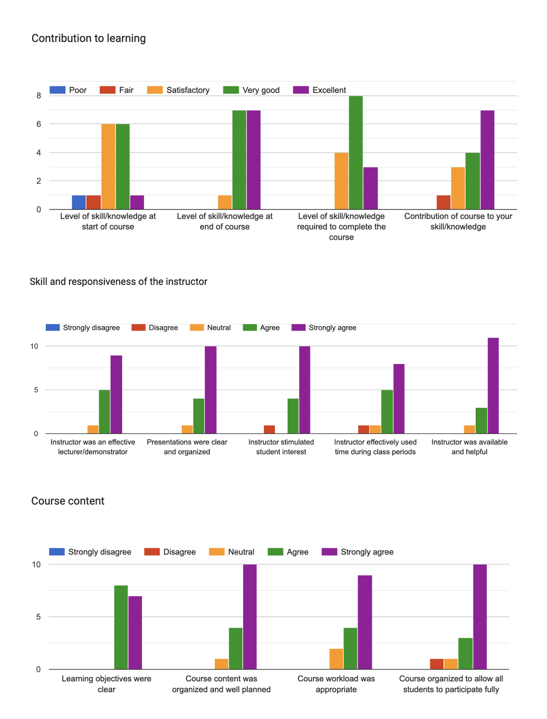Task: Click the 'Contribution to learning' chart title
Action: tap(89, 38)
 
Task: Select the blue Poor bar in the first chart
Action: tap(79, 202)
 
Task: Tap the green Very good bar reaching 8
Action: tap(356, 152)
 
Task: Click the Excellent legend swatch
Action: tap(301, 90)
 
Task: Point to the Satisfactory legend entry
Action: tap(178, 90)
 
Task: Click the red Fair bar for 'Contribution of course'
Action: tap(443, 202)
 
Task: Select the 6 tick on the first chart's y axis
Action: tap(38, 124)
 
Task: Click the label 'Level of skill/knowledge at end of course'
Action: tap(225, 222)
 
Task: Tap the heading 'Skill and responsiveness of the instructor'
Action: tap(119, 282)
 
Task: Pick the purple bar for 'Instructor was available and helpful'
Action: tap(493, 386)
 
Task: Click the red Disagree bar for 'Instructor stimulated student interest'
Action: tap(269, 430)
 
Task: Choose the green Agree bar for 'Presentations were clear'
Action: tap(199, 416)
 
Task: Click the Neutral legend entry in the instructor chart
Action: tap(211, 328)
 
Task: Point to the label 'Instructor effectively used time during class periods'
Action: tap(375, 447)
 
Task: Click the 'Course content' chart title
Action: tap(68, 501)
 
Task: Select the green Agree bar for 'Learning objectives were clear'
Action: tap(121, 627)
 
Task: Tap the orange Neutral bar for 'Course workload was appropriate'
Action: tap(336, 659)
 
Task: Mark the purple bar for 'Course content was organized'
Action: tap(250, 617)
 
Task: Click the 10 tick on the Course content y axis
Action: tap(36, 565)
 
